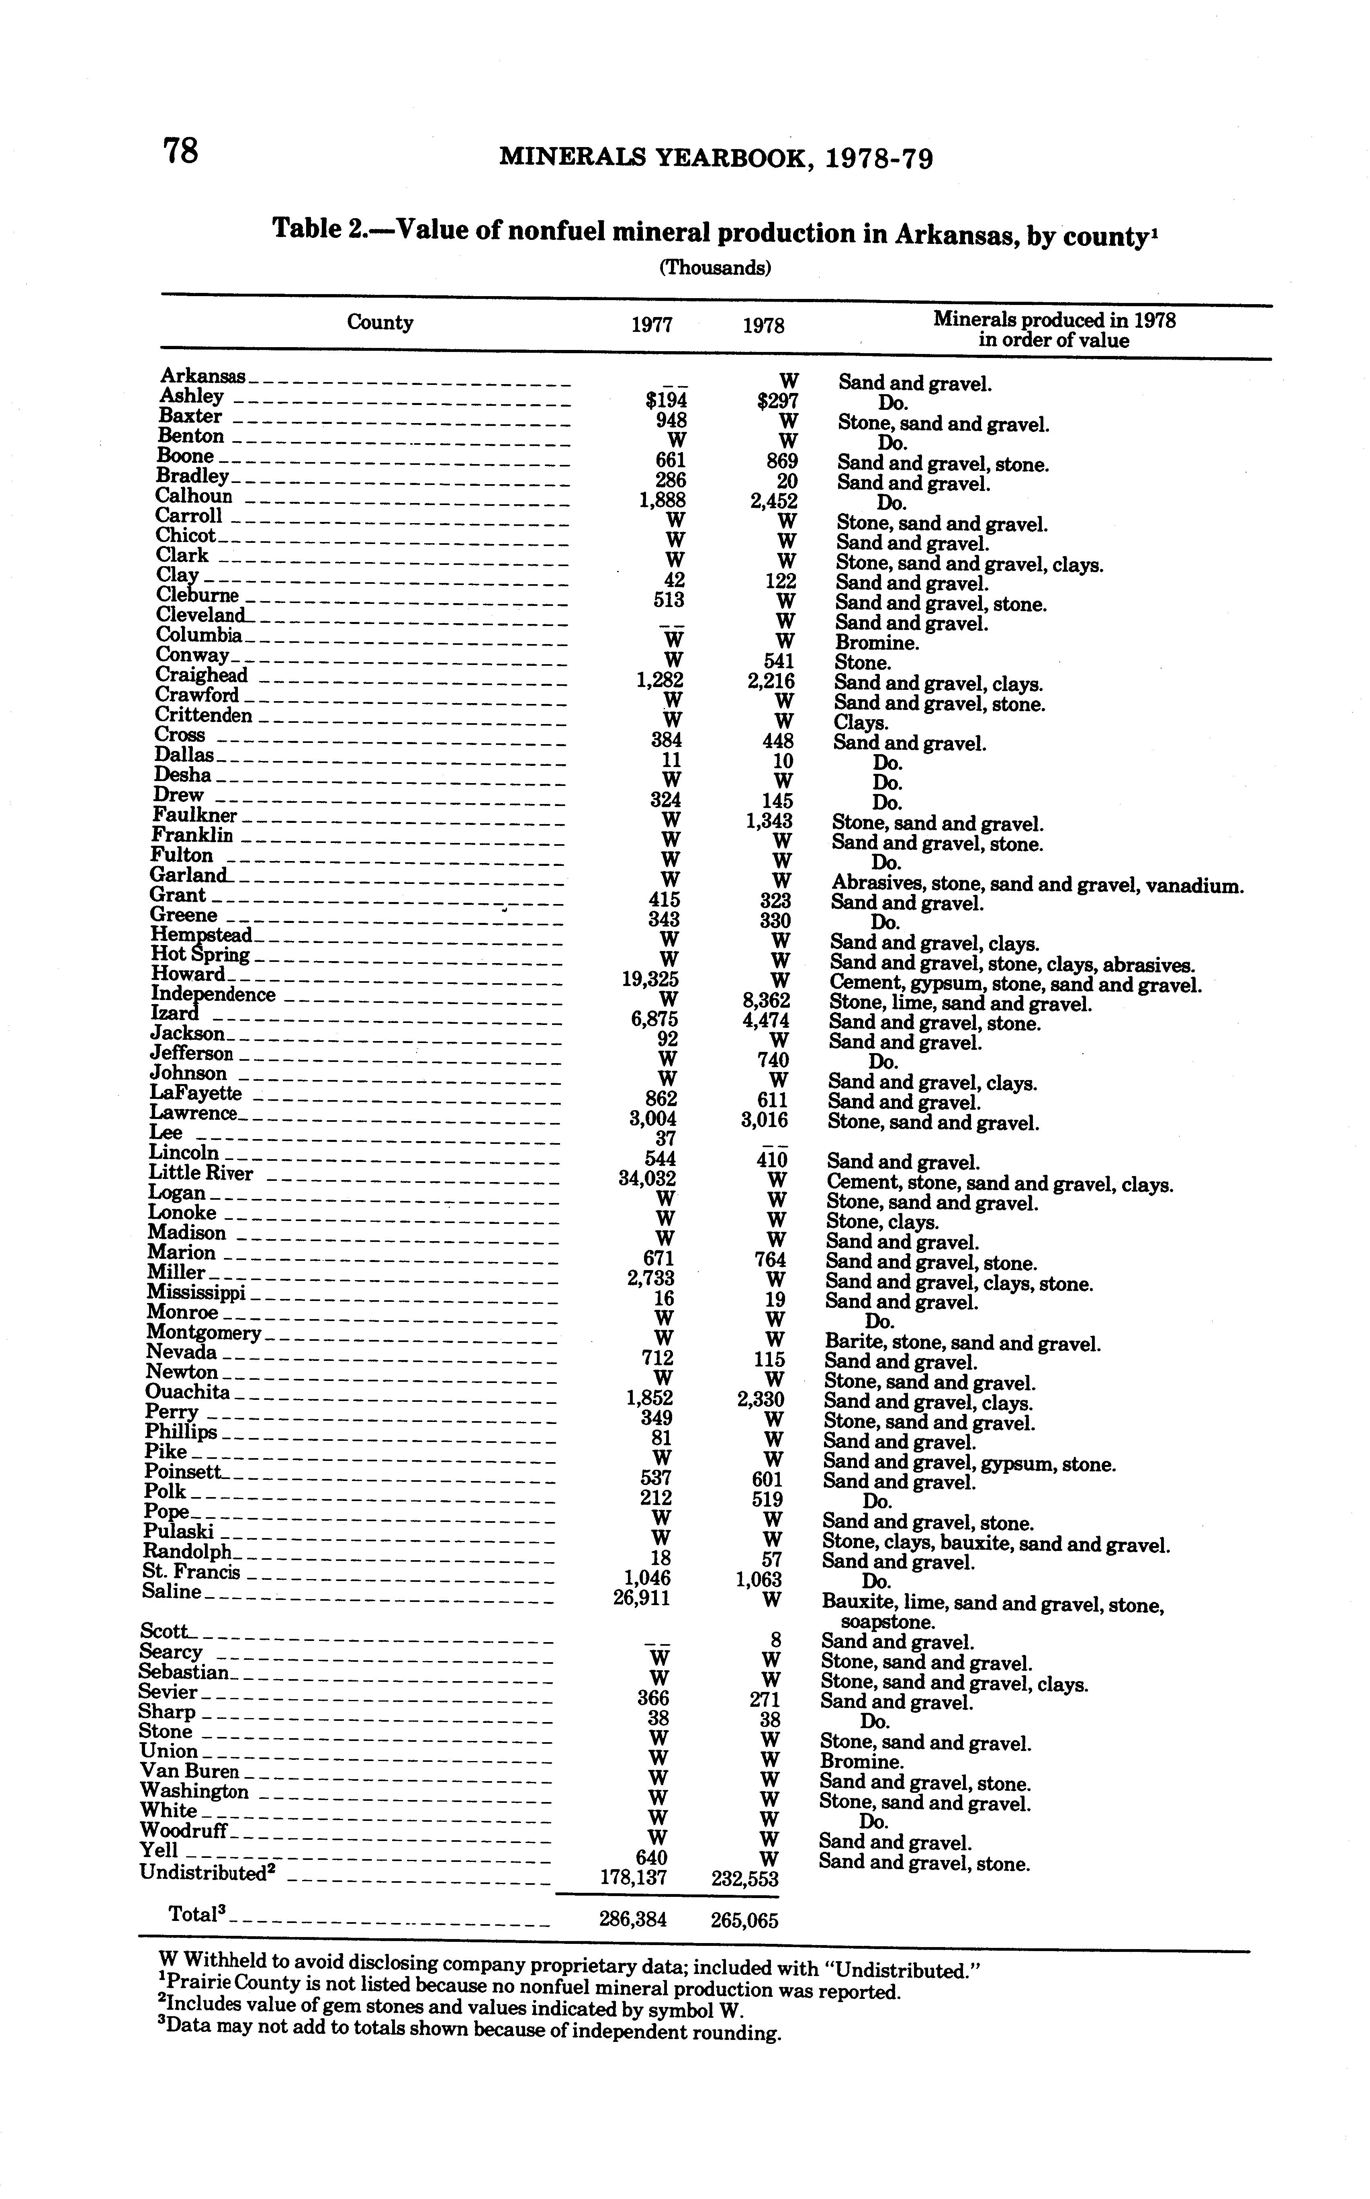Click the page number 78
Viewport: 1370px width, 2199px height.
(180, 150)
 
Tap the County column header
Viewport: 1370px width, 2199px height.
(380, 323)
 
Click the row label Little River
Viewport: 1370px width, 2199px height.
(200, 1173)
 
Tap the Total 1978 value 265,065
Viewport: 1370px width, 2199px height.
(744, 1920)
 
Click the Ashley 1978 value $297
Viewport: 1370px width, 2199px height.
(777, 401)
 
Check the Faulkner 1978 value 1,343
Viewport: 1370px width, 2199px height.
(771, 821)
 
